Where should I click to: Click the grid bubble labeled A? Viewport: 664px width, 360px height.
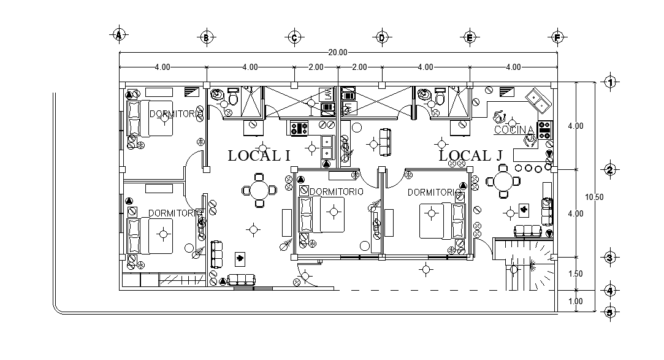pyautogui.click(x=119, y=34)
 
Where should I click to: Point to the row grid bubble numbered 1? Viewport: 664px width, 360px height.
pyautogui.click(x=609, y=82)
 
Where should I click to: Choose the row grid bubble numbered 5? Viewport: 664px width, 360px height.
pyautogui.click(x=609, y=312)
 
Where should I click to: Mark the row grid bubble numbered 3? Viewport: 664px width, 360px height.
pyautogui.click(x=609, y=258)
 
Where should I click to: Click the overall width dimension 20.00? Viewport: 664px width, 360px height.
pyautogui.click(x=337, y=52)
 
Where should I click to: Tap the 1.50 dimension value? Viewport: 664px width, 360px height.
pyautogui.click(x=575, y=274)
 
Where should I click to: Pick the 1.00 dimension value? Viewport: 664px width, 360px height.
pyautogui.click(x=575, y=301)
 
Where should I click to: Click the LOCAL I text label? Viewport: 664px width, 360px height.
pyautogui.click(x=259, y=156)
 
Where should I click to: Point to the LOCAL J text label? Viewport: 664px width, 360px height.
pyautogui.click(x=470, y=156)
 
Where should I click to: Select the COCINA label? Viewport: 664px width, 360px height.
pyautogui.click(x=514, y=130)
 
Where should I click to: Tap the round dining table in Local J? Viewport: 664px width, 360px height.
pyautogui.click(x=503, y=182)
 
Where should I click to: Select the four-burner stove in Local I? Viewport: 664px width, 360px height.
pyautogui.click(x=298, y=128)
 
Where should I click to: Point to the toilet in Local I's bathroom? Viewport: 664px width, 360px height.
pyautogui.click(x=233, y=98)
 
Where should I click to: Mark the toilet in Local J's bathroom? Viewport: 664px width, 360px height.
pyautogui.click(x=440, y=98)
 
